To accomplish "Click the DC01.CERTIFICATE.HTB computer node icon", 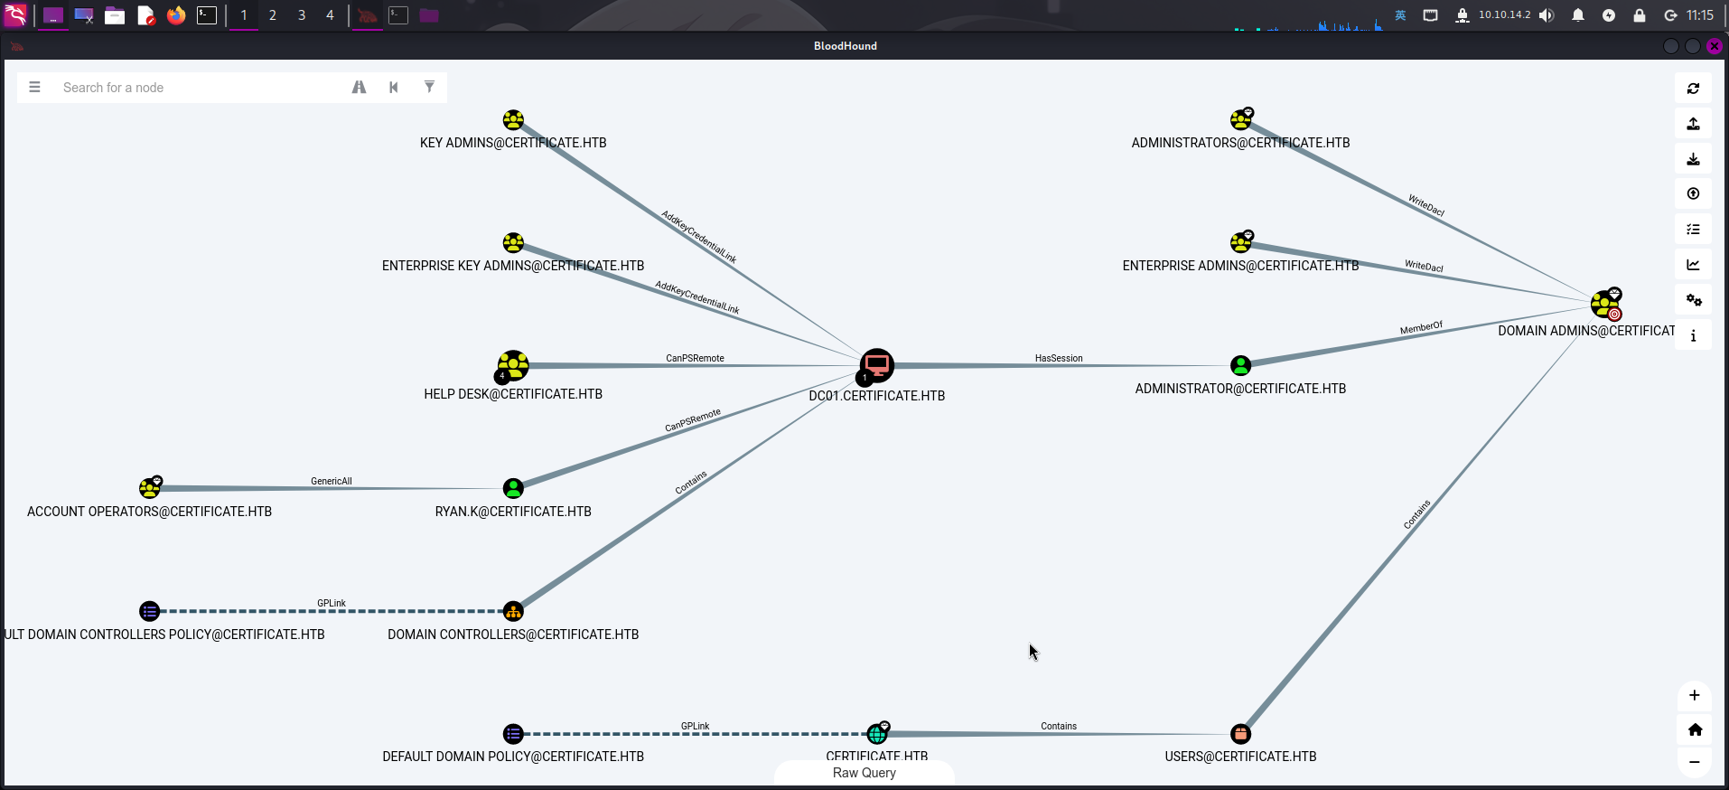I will pyautogui.click(x=876, y=365).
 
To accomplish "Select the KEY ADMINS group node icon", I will pyautogui.click(x=513, y=120).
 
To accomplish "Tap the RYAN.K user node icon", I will pyautogui.click(x=513, y=488).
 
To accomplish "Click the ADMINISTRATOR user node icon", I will pyautogui.click(x=1240, y=365).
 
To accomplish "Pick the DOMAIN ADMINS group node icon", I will pyautogui.click(x=1605, y=304).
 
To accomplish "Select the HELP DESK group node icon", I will pyautogui.click(x=513, y=365).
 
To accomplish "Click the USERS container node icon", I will pyautogui.click(x=1240, y=734).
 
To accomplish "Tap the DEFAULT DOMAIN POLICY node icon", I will pyautogui.click(x=513, y=734).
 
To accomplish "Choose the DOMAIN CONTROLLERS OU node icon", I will pyautogui.click(x=513, y=611).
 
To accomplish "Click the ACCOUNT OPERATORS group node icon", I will pyautogui.click(x=150, y=488).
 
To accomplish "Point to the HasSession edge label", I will pyautogui.click(x=1059, y=359).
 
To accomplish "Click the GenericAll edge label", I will pyautogui.click(x=332, y=482).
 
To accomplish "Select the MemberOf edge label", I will pyautogui.click(x=1421, y=328).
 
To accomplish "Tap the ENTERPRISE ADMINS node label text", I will pyautogui.click(x=1240, y=266).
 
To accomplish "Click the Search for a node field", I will pyautogui.click(x=199, y=88).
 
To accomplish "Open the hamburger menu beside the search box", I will pyautogui.click(x=34, y=88).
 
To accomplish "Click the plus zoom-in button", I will pyautogui.click(x=1694, y=695).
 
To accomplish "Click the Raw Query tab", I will pyautogui.click(x=864, y=773).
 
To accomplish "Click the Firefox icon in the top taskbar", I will pyautogui.click(x=176, y=15).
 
